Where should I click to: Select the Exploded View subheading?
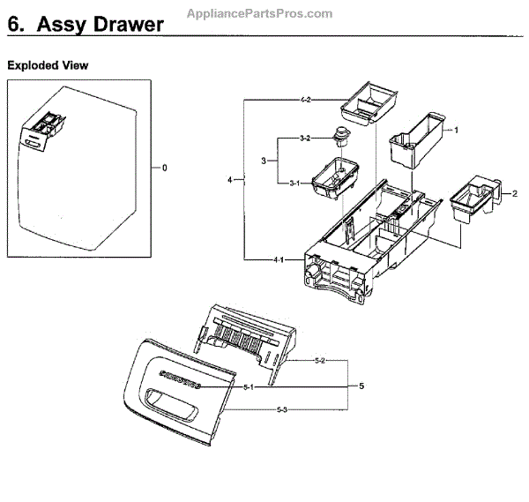[48, 66]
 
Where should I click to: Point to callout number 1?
[457, 130]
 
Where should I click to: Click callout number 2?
[515, 192]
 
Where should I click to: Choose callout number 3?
[263, 161]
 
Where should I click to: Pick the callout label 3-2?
[304, 139]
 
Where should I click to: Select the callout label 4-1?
[278, 259]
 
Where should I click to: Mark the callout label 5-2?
[321, 362]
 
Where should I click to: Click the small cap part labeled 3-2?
[339, 136]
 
